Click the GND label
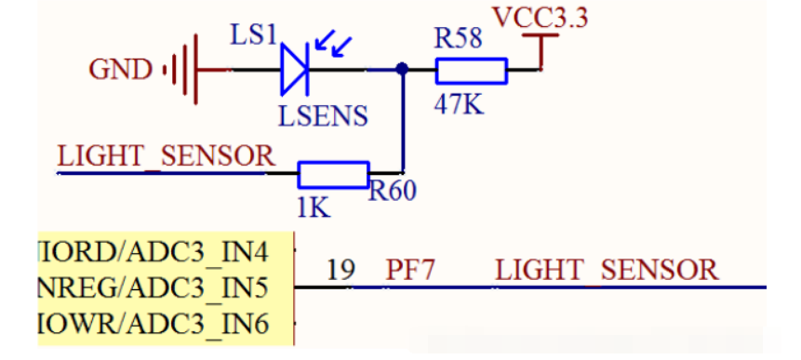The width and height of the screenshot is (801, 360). tap(121, 70)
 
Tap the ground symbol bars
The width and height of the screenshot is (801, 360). tap(183, 70)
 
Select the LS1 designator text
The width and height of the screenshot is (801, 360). tap(253, 35)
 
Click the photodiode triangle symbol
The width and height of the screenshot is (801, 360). tap(295, 69)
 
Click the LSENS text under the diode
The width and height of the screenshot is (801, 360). tap(323, 116)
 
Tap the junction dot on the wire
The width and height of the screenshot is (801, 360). tap(403, 69)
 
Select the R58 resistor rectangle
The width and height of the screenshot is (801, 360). tap(471, 71)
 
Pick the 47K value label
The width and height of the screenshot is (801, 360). tap(459, 105)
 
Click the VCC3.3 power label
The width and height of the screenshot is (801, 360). tap(541, 18)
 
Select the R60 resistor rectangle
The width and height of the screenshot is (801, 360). tap(334, 175)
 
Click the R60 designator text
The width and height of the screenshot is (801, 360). tap(393, 190)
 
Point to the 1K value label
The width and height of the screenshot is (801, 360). tap(314, 208)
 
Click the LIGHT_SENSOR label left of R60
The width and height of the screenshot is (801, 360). tap(166, 155)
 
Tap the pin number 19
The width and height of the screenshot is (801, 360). tap(340, 269)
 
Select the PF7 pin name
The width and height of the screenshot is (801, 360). tap(410, 269)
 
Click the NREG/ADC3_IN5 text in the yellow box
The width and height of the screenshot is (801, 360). tap(154, 289)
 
